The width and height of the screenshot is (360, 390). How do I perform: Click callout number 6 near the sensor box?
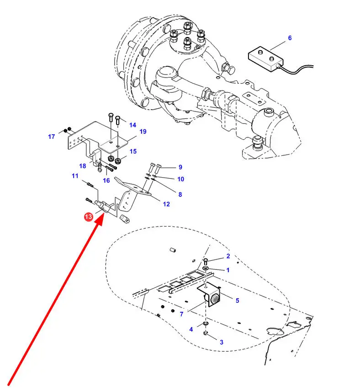coord(289,38)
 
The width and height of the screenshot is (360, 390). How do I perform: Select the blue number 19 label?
coord(143,132)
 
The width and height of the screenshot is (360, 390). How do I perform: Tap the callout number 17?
coord(52,137)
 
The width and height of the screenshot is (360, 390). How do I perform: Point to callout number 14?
coord(132,125)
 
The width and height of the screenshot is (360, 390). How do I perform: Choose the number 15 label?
coord(133,151)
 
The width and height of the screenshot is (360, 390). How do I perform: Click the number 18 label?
coord(83,166)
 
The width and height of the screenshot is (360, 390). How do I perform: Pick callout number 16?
coord(106,180)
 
